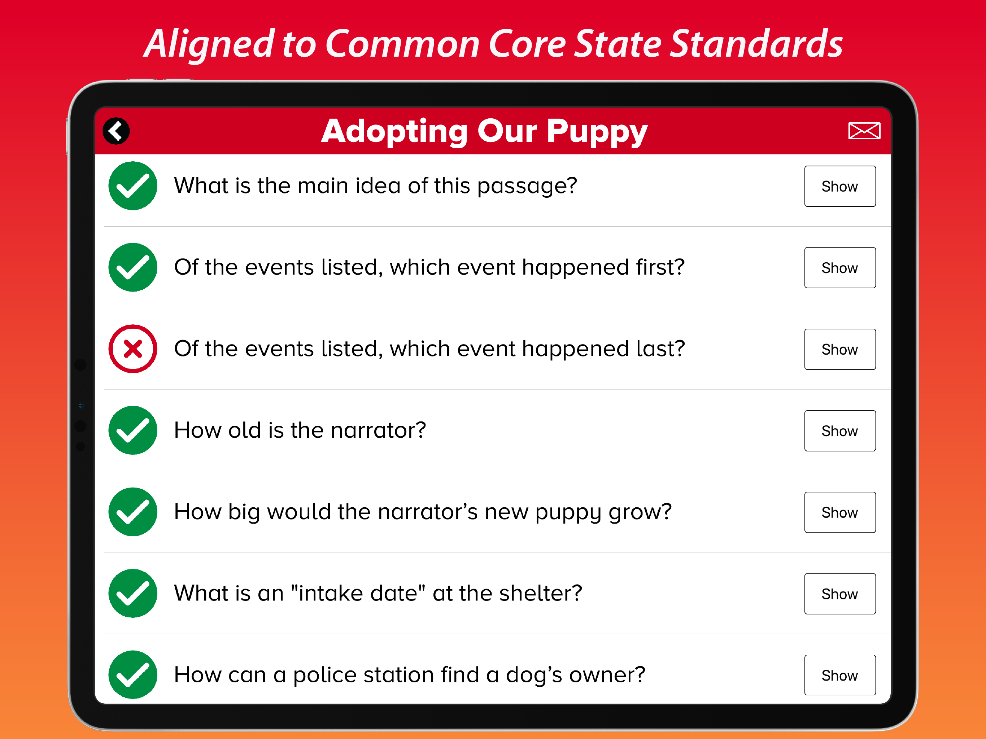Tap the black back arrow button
tap(116, 131)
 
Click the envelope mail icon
tap(864, 131)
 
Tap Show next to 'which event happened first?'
tap(840, 268)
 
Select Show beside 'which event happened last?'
tap(840, 349)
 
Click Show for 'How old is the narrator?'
tap(840, 431)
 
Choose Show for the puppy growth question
tap(840, 513)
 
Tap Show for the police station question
tap(840, 675)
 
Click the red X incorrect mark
tap(133, 349)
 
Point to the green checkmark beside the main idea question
tap(133, 186)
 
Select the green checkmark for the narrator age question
tap(133, 430)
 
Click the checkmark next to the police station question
tap(133, 675)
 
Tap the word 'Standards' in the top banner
tap(756, 43)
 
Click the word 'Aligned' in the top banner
tap(209, 44)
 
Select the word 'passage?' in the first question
tap(527, 186)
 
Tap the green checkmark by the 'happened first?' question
tap(133, 267)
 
